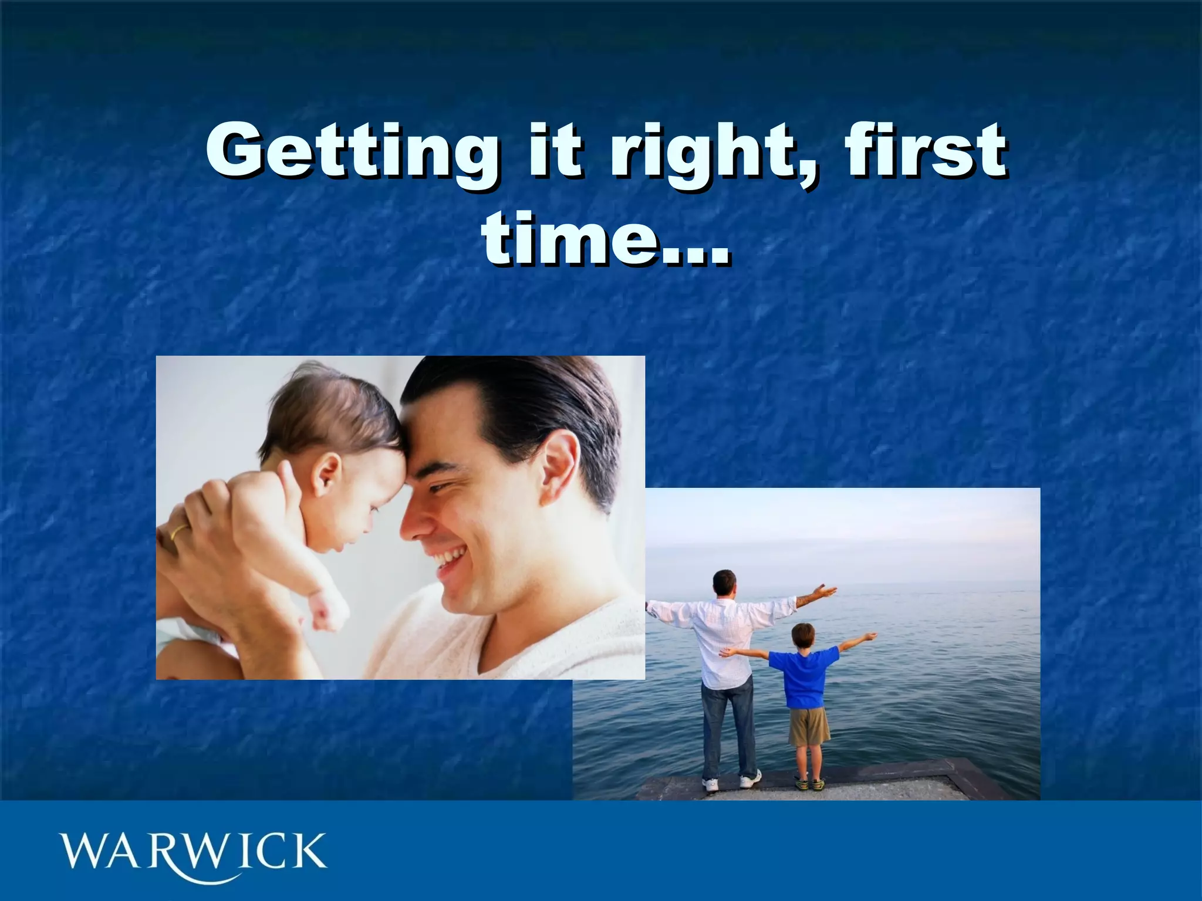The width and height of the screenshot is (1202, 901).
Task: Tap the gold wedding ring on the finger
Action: tap(180, 531)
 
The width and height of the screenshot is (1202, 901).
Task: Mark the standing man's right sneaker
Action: tap(749, 780)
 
